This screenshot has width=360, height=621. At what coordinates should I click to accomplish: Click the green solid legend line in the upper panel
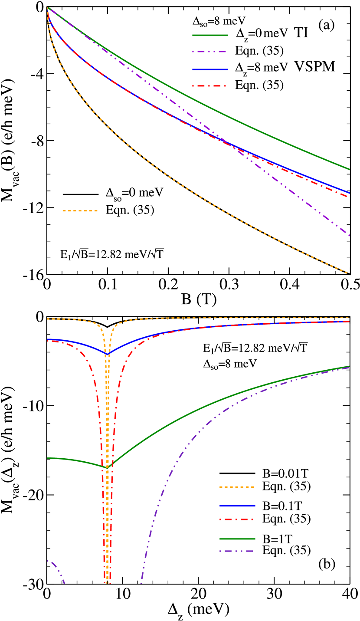210,35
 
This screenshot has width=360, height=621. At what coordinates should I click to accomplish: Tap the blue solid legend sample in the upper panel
210,69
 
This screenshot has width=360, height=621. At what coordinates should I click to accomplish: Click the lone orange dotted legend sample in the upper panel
80,211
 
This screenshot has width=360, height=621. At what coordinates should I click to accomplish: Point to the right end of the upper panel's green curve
349,169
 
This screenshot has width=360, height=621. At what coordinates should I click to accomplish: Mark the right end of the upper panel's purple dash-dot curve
349,235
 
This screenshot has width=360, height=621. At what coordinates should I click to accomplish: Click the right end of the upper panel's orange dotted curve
349,273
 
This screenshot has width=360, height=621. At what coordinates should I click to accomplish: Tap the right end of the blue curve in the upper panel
349,193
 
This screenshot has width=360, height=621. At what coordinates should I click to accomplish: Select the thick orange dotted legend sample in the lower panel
237,487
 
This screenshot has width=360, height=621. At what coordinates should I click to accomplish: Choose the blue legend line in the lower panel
237,506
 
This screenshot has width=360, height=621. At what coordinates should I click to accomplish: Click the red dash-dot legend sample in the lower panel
237,519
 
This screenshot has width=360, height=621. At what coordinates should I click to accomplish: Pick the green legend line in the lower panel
237,539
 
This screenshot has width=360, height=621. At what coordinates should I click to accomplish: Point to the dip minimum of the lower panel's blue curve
107,353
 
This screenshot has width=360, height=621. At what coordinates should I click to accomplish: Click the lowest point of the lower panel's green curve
107,467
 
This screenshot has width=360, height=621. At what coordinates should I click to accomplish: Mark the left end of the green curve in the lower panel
48,458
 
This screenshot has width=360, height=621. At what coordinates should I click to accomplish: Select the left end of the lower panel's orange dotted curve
48,319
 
